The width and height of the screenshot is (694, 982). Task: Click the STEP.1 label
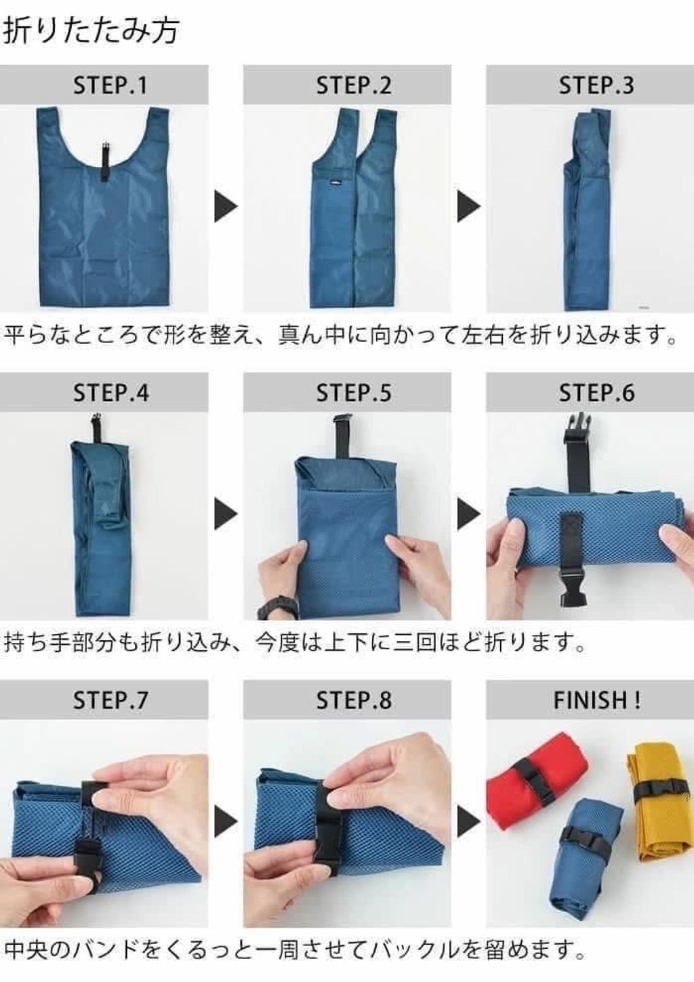click(x=110, y=85)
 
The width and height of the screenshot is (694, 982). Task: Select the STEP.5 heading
click(x=354, y=393)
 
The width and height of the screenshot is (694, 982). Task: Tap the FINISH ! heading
click(x=597, y=700)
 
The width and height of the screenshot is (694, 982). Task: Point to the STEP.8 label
click(x=354, y=700)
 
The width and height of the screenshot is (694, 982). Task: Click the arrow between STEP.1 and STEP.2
click(x=226, y=206)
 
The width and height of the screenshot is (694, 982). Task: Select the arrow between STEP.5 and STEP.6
click(x=469, y=513)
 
